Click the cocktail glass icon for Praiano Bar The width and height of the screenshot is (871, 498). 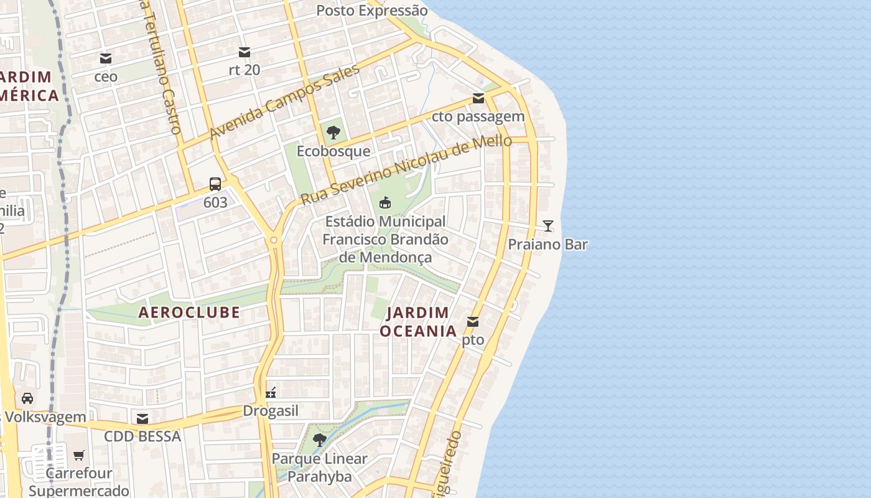(547, 226)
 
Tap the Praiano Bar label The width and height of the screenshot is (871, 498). (547, 244)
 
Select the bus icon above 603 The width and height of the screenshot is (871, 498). (215, 184)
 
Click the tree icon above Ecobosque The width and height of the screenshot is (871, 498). (333, 132)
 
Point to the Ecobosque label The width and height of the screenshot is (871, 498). (333, 151)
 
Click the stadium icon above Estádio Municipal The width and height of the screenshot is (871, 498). (385, 202)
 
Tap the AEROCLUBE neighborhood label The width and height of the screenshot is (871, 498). (189, 312)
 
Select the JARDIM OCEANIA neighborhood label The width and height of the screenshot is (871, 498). (419, 322)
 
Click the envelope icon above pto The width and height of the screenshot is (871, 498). (473, 322)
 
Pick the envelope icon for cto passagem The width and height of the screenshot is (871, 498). (478, 98)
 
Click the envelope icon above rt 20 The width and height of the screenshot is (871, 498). (245, 52)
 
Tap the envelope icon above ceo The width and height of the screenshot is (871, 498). (106, 59)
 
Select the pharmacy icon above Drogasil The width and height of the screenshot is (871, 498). (271, 393)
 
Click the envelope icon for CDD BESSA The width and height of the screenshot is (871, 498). (142, 418)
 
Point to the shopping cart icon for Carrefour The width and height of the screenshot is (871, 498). (78, 455)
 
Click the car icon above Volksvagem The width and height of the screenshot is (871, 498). (27, 398)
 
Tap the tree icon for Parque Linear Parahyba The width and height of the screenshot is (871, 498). (320, 440)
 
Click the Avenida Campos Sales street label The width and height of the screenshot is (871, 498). (284, 102)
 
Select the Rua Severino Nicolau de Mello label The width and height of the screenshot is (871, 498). (406, 170)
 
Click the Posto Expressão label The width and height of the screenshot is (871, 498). (372, 11)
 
